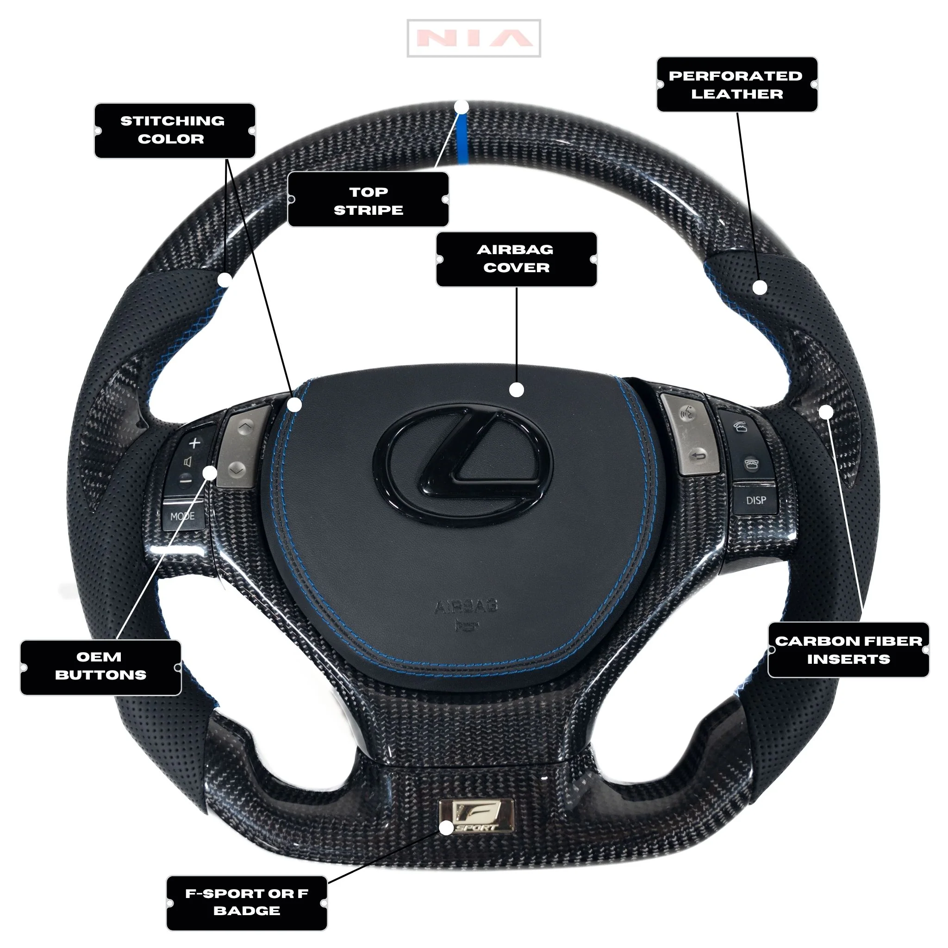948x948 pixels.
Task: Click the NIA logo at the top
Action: click(x=474, y=38)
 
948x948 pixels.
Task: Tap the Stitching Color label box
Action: click(x=175, y=131)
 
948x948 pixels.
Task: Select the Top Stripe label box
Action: click(x=368, y=200)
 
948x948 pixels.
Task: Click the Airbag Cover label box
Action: click(x=516, y=259)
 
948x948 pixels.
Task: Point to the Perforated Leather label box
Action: click(x=736, y=84)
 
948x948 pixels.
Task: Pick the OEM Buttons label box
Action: click(x=100, y=667)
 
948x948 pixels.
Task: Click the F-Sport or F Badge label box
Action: click(x=247, y=902)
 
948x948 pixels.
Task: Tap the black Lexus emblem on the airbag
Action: click(x=463, y=466)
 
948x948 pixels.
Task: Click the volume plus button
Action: click(x=195, y=443)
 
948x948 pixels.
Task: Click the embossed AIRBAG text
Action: click(x=466, y=606)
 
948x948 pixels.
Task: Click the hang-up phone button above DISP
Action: click(x=750, y=464)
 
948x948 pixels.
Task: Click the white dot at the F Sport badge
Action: click(x=446, y=828)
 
